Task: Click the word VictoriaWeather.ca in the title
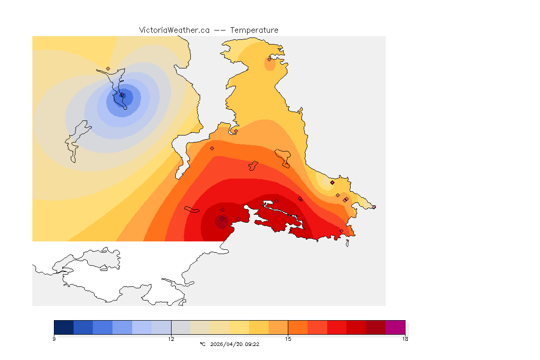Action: (x=174, y=30)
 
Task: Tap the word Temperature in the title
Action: (x=254, y=30)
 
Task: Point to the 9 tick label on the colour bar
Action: (x=54, y=338)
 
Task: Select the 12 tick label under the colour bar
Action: (x=171, y=338)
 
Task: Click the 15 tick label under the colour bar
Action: (x=288, y=338)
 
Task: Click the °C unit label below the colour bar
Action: (x=202, y=344)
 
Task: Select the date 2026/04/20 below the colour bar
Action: (x=227, y=344)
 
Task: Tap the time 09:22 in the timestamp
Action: (x=253, y=344)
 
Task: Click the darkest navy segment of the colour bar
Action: (x=64, y=327)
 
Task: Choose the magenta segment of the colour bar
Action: (x=395, y=327)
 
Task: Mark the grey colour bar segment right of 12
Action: (x=180, y=327)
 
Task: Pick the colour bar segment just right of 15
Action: (x=298, y=327)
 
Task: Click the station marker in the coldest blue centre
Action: (x=122, y=95)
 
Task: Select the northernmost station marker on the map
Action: (x=270, y=59)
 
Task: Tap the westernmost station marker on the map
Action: (x=108, y=68)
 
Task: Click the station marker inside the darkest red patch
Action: (x=222, y=218)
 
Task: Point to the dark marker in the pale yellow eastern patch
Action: (x=332, y=182)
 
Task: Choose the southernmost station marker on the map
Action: (x=341, y=231)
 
